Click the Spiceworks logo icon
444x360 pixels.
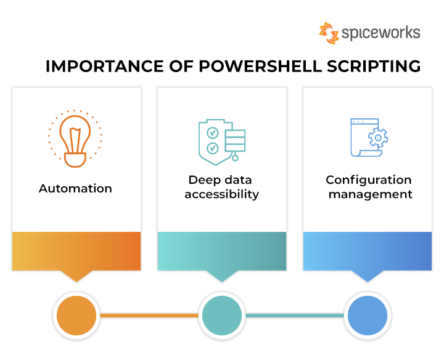329,33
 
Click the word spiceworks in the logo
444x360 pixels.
381,33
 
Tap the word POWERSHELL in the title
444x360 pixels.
260,67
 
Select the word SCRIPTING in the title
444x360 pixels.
374,67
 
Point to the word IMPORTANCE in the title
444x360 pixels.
105,67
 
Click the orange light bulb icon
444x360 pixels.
75,139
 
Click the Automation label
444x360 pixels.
75,189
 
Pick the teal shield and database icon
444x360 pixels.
222,142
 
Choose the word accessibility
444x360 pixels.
222,194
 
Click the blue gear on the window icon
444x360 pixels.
378,137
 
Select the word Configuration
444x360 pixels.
369,181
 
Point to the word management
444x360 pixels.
371,194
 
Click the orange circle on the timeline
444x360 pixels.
76,316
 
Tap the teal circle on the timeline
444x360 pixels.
222,316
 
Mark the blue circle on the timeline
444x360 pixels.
368,316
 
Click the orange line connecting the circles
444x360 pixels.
149,316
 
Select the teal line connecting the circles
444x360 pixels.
295,316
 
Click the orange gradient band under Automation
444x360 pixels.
76,252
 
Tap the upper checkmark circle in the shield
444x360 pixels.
213,133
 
